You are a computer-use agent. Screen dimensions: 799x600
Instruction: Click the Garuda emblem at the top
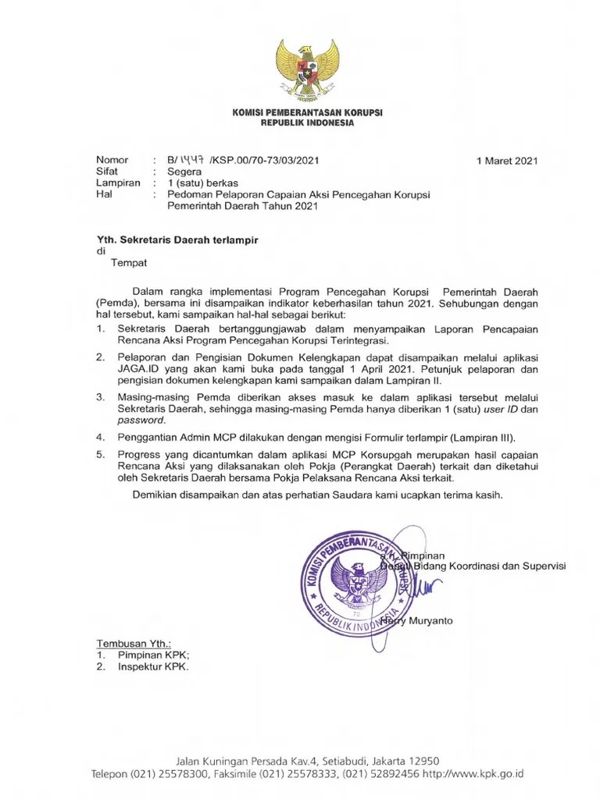tap(307, 68)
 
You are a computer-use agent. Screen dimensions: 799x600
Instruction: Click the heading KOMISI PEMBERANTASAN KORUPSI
tap(307, 113)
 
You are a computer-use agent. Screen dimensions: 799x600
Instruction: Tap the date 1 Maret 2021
tap(507, 161)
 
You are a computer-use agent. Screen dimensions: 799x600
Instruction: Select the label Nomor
tap(112, 161)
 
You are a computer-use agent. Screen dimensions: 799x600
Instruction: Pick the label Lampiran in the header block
tap(118, 183)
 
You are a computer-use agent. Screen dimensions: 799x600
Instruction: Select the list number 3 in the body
tap(100, 397)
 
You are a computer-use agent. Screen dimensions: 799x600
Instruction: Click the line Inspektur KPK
tap(153, 667)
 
